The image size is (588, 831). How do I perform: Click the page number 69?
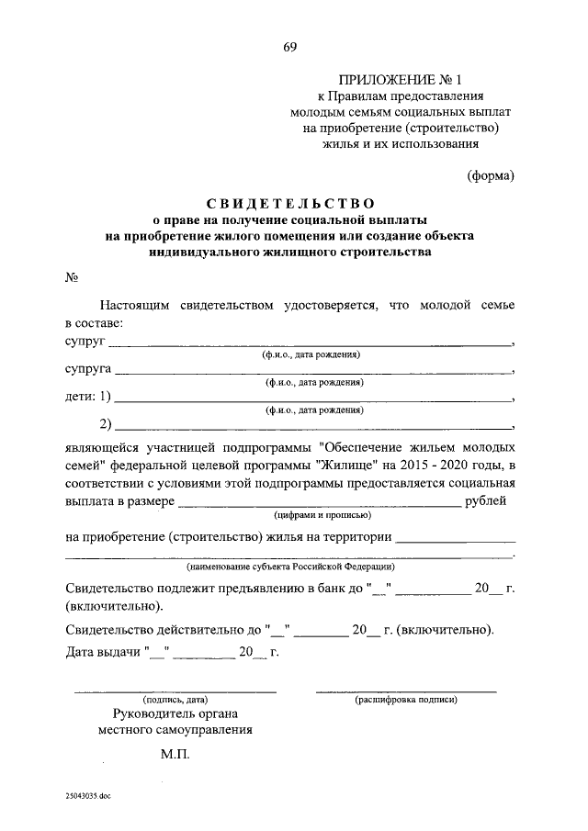(x=290, y=47)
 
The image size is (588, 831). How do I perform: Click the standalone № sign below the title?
(x=72, y=276)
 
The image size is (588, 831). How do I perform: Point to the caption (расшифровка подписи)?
(x=406, y=700)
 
